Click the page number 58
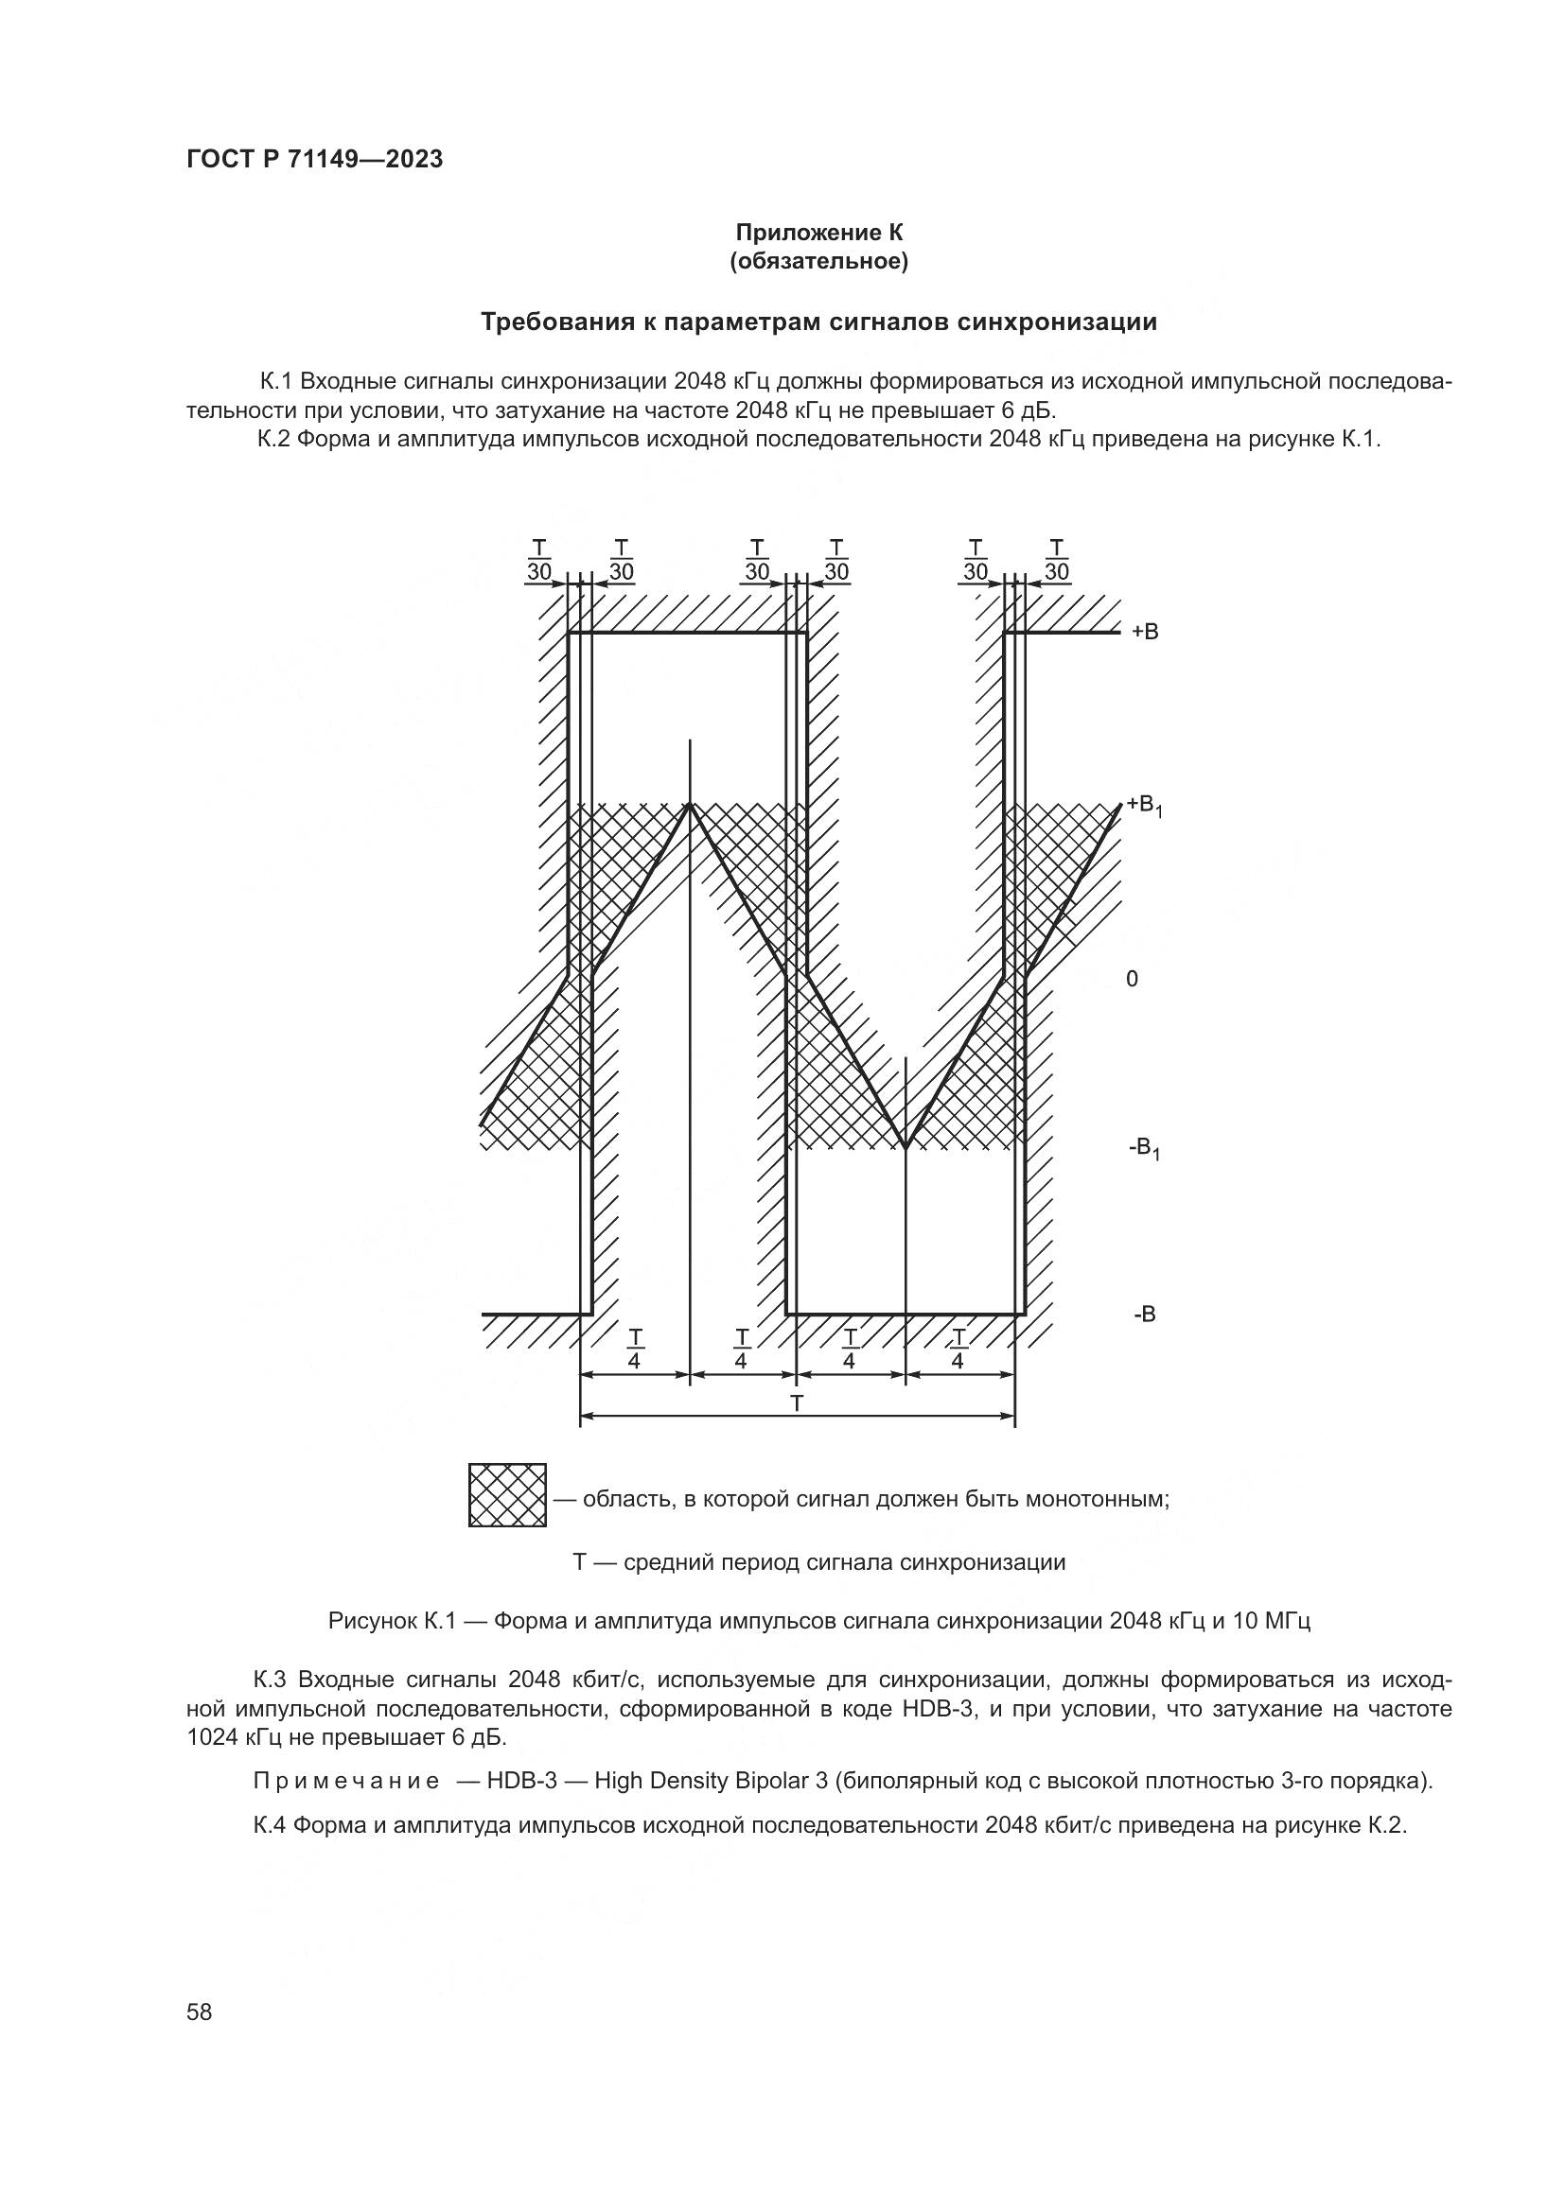200,2012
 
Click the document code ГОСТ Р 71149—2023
315,159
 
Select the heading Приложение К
819,233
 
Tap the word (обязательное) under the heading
819,262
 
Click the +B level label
1145,632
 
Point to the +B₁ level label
1146,807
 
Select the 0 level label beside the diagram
1133,979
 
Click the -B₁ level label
1145,1148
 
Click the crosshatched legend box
508,1495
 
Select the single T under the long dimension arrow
797,1403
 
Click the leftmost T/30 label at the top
538,561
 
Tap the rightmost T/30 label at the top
1057,561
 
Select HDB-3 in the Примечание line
522,1781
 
